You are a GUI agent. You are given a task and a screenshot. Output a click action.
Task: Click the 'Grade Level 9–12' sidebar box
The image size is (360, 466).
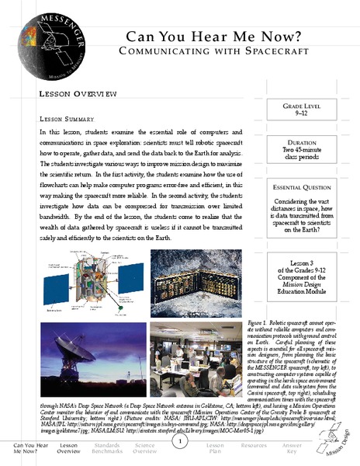(x=309, y=116)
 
